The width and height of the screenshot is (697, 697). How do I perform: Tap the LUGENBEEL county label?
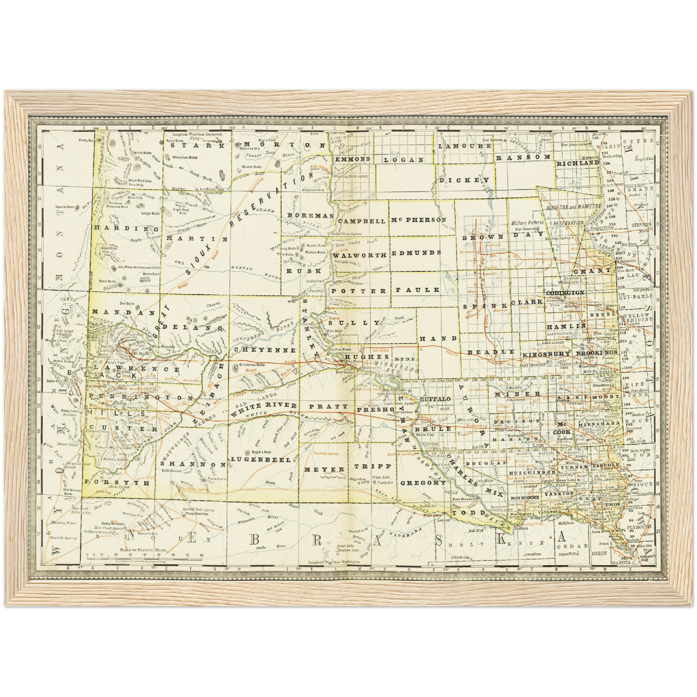point(260,459)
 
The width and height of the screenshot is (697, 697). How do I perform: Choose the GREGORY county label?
point(424,482)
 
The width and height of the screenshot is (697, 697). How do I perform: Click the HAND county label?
point(436,339)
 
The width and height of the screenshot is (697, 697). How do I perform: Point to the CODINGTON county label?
point(565,293)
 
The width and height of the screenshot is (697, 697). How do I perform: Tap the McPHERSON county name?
point(419,220)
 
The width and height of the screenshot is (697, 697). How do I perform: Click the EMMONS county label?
point(353,159)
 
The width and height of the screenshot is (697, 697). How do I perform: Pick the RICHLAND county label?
point(577,163)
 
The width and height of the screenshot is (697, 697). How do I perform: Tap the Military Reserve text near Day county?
point(527,223)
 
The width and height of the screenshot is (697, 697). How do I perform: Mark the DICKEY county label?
point(461,180)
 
